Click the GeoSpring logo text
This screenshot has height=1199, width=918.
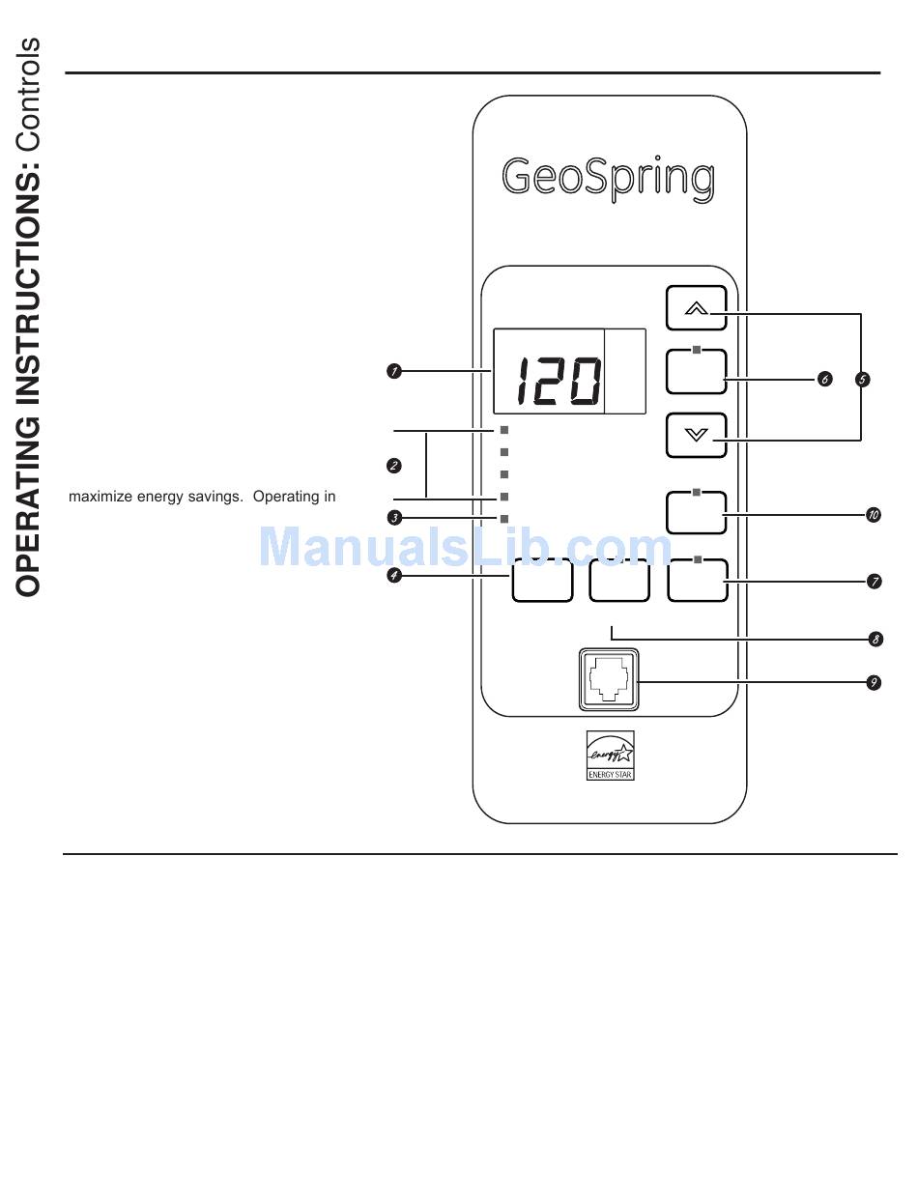coord(608,180)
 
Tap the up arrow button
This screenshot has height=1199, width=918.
coord(696,309)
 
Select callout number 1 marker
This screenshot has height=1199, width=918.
coord(394,370)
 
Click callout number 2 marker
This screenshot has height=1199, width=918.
coord(394,466)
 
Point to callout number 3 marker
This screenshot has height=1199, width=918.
coord(394,518)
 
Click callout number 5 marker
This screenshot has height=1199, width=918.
coord(863,380)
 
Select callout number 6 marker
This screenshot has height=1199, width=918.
coord(824,380)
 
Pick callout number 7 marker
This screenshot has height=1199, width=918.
coord(874,582)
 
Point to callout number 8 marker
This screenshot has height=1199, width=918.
coord(875,639)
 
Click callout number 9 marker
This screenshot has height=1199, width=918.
coord(874,683)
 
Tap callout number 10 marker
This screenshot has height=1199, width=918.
coord(874,515)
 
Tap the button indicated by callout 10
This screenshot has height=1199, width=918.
coord(696,513)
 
